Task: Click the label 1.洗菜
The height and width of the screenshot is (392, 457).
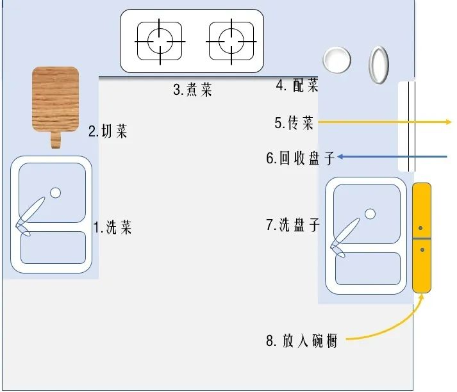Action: coord(113,227)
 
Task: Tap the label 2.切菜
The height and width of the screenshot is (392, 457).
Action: coord(108,131)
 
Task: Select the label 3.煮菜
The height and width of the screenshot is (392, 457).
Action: coord(192,90)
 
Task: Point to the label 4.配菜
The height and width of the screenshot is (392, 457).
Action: coord(297,85)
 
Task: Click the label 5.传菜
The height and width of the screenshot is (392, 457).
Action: coord(294,123)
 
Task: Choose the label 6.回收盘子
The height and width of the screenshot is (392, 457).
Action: coord(301,158)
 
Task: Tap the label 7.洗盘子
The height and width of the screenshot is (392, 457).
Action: coord(293,225)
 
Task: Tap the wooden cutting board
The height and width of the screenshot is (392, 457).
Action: coord(56,99)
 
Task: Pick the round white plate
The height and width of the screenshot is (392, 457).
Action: coord(337,60)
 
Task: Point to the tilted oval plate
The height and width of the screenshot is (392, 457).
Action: coord(379,65)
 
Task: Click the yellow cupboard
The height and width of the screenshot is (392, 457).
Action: coord(421,237)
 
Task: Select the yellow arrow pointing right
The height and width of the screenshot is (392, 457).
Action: coord(385,121)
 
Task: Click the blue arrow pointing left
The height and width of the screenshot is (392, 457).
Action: coord(391,156)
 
